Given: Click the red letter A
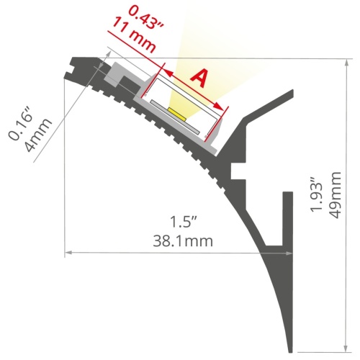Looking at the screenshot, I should [199, 78].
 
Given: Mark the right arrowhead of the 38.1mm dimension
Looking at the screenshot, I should [291, 253].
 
